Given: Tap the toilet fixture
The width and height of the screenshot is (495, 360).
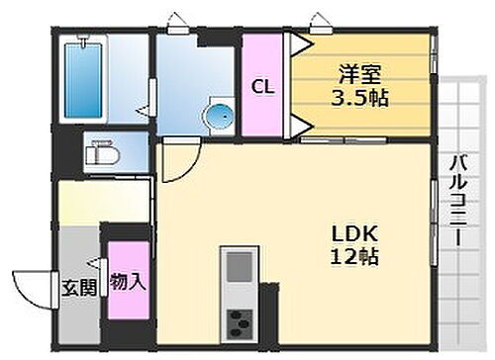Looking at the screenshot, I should pyautogui.click(x=99, y=153).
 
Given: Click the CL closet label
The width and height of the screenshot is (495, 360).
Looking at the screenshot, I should pyautogui.click(x=262, y=86).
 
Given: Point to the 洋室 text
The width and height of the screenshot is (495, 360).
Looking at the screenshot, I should pyautogui.click(x=359, y=72).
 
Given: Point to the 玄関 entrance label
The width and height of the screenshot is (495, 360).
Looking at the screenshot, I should pyautogui.click(x=81, y=289).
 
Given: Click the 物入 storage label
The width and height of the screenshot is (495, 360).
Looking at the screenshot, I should pyautogui.click(x=128, y=282).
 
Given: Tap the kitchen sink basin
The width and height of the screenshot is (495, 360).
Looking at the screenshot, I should pyautogui.click(x=238, y=267).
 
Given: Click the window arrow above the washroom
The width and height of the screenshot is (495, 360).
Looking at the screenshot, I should pyautogui.click(x=174, y=19).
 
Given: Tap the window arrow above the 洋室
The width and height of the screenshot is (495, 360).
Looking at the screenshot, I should pyautogui.click(x=318, y=19).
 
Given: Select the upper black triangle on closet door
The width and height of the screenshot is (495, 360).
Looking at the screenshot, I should pyautogui.click(x=297, y=43).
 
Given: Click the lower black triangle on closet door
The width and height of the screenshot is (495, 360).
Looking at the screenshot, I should pyautogui.click(x=297, y=124).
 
